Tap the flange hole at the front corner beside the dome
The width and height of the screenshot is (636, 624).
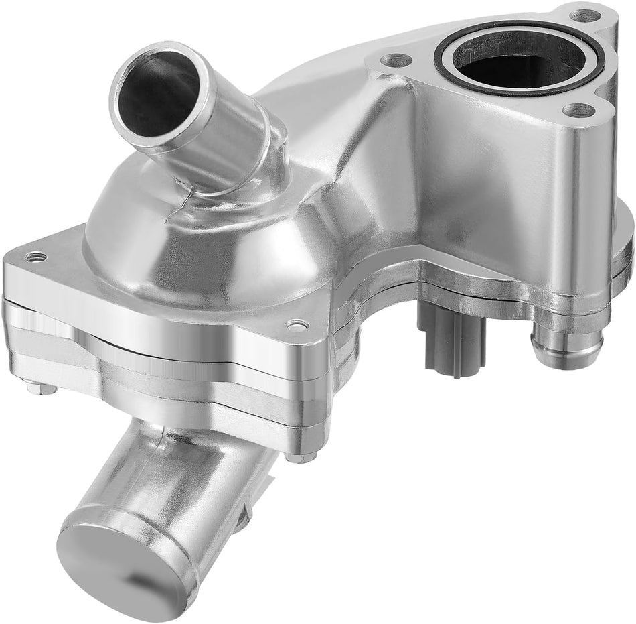(296, 326)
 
